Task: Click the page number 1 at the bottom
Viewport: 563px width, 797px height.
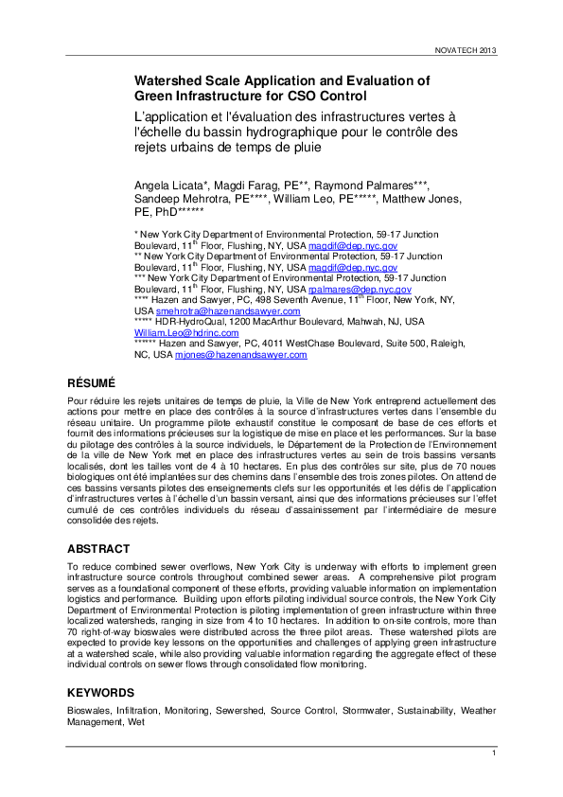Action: [x=493, y=753]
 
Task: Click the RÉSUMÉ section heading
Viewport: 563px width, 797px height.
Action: [x=91, y=383]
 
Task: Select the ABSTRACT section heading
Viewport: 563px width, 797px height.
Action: [x=99, y=549]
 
